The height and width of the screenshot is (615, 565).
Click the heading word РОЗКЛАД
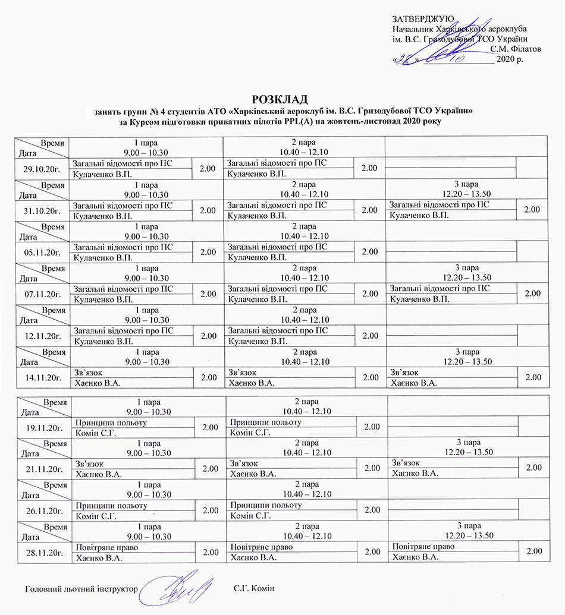(x=282, y=99)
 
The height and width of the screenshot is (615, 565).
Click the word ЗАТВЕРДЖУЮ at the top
(x=423, y=20)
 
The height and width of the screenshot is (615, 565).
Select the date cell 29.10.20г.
(x=42, y=168)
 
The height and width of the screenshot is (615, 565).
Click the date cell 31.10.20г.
(x=42, y=210)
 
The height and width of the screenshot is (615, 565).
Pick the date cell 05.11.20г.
(x=42, y=252)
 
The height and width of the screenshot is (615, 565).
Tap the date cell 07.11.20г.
(x=42, y=294)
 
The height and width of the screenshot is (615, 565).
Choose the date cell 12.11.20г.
(x=42, y=336)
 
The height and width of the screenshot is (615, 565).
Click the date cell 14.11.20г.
(x=42, y=377)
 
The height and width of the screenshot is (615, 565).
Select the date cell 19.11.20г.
(x=43, y=427)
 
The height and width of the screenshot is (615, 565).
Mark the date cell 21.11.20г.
(x=43, y=469)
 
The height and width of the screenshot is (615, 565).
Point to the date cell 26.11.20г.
(x=43, y=510)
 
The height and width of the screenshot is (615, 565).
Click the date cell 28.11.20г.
(x=43, y=552)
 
